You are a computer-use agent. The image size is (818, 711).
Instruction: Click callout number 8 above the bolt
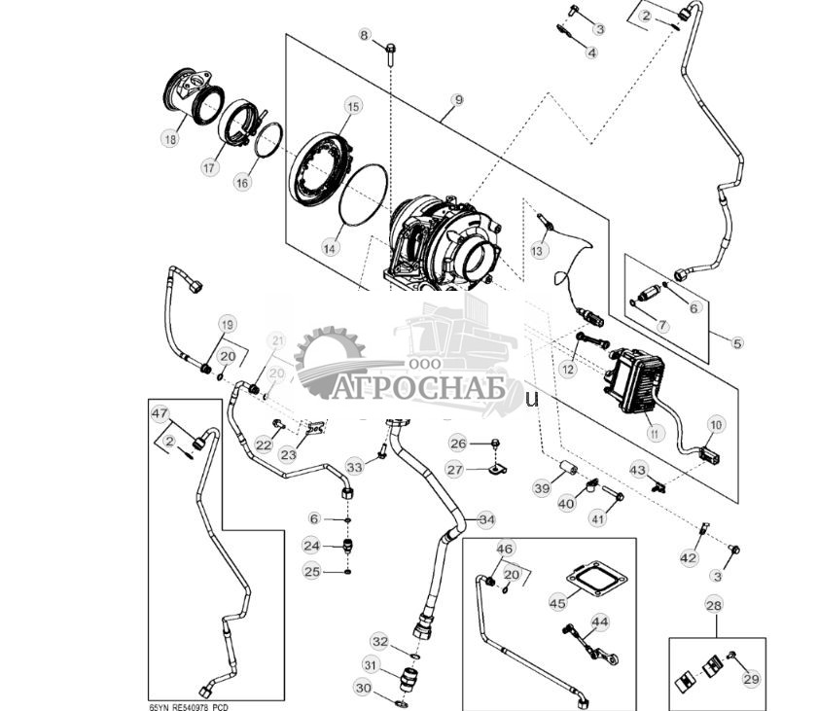click(x=366, y=36)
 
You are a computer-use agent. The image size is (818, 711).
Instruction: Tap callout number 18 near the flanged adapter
click(x=171, y=139)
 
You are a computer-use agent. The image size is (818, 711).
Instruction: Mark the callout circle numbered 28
click(x=716, y=606)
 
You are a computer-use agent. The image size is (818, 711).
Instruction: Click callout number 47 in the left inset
click(x=160, y=414)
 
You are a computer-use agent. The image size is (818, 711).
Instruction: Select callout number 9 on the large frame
click(x=457, y=100)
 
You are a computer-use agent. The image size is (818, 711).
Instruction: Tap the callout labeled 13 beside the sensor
click(x=538, y=251)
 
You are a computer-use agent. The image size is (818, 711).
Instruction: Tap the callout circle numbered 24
click(x=311, y=545)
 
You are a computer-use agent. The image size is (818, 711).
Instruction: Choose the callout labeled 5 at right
click(x=736, y=342)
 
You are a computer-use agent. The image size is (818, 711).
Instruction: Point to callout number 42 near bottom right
click(x=689, y=557)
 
